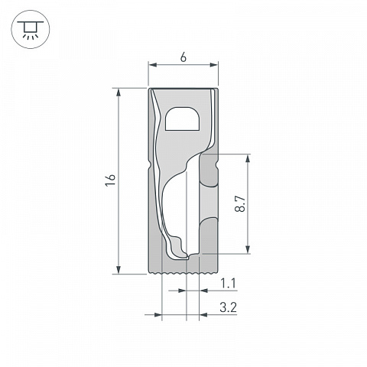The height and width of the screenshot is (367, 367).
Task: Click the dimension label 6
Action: point(183,58)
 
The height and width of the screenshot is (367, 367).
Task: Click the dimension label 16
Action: point(111,180)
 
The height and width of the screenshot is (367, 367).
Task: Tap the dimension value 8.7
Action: point(240,204)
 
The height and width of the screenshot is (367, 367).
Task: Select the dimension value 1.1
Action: point(228,284)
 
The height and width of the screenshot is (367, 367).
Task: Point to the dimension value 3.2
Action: point(229,307)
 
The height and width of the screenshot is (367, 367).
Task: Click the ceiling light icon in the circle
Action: point(31,30)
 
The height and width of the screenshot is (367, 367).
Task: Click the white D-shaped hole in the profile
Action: point(183,119)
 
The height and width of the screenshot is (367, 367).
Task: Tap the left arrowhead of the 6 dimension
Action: point(152,65)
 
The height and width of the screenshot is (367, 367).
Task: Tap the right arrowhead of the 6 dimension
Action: point(214,65)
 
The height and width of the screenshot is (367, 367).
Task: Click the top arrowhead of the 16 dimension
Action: point(119,93)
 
